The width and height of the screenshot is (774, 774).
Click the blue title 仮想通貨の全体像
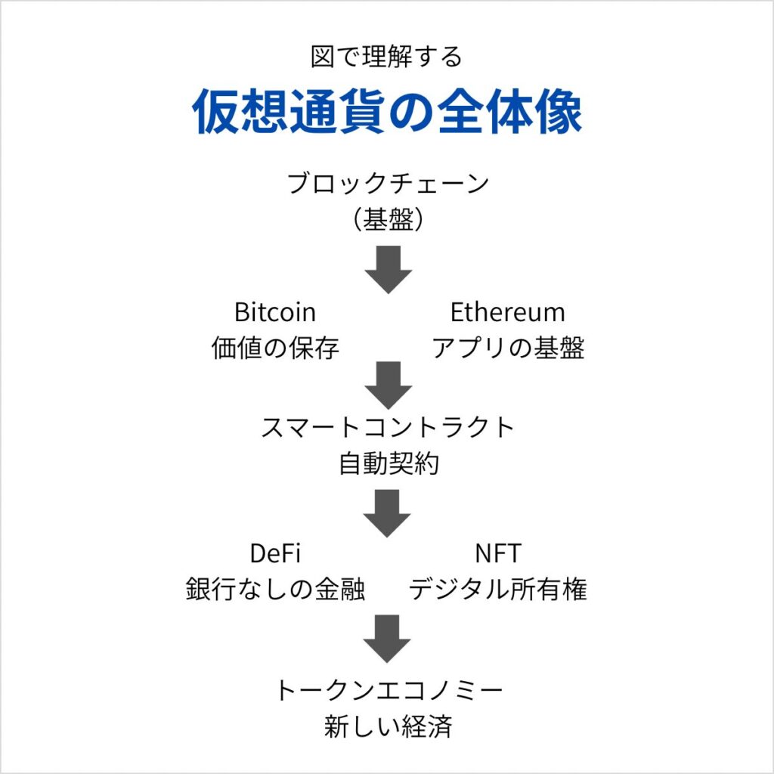pos(387,113)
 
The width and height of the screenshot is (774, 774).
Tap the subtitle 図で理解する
pos(386,57)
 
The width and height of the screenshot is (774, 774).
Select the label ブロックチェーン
pos(388,184)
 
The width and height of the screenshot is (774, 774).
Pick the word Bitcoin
pos(275,312)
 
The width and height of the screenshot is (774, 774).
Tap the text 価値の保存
pos(275,348)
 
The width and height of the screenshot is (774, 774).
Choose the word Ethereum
pos(507,312)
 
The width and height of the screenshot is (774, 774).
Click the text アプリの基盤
pos(507,348)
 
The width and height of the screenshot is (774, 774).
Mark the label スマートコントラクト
pos(388,428)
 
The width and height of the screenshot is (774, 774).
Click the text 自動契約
pos(388,464)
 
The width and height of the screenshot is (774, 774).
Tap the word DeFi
pos(275,554)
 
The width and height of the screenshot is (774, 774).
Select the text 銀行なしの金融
pos(275,590)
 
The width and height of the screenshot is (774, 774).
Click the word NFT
pos(498,554)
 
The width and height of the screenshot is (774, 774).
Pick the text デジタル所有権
pos(498,590)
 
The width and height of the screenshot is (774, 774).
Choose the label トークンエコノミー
pos(388,691)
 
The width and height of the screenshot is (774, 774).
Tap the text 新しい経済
pos(388,727)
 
